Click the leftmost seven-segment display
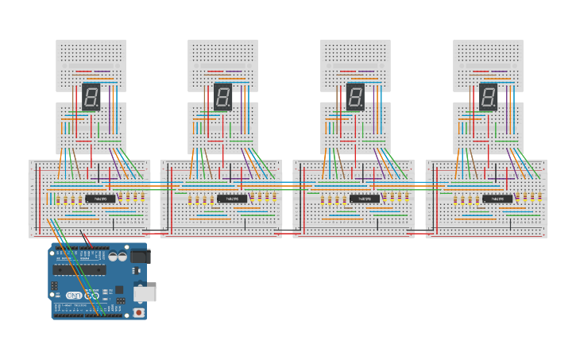point(91,97)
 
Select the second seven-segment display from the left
point(223,97)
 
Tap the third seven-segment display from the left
point(356,97)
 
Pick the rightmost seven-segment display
point(489,97)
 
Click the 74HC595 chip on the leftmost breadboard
point(100,198)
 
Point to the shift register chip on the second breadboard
point(232,198)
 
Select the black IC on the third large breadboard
point(365,198)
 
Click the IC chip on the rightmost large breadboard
point(497,198)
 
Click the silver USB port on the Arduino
point(145,294)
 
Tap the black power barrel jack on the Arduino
point(140,257)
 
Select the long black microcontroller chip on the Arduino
point(79,269)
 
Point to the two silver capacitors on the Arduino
point(118,257)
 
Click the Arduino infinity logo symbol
point(87,295)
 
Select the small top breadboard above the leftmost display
point(91,56)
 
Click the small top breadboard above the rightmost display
point(488,56)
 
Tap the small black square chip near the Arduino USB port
point(119,290)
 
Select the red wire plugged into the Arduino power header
point(87,240)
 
